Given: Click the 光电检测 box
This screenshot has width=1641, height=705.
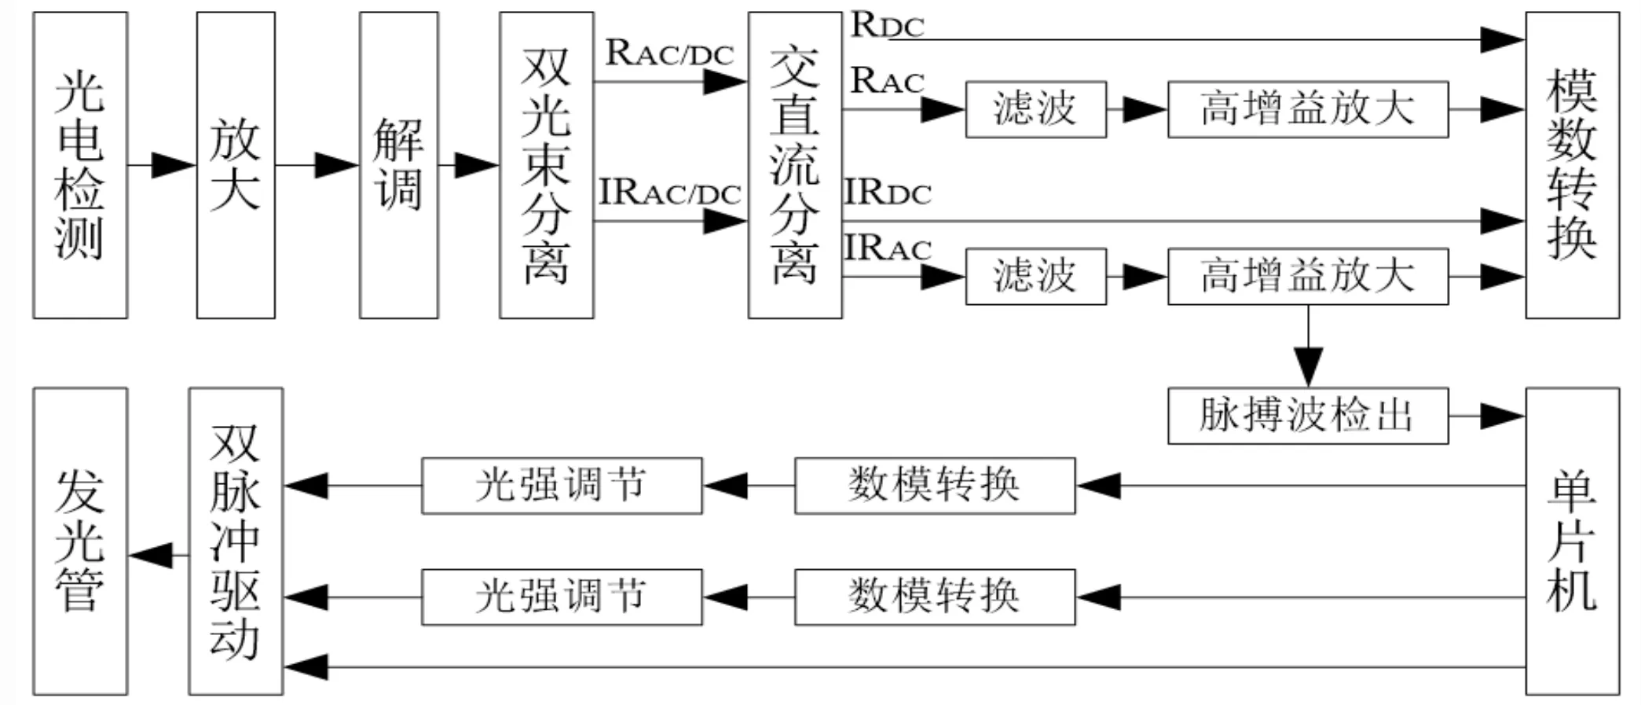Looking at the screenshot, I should click(x=80, y=165).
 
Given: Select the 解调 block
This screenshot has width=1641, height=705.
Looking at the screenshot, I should click(x=398, y=165).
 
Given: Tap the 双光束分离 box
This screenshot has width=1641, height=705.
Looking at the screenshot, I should click(x=546, y=165).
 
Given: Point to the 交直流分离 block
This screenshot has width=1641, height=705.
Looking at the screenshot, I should click(x=794, y=165).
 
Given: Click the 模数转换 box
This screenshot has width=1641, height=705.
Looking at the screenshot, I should click(x=1572, y=165).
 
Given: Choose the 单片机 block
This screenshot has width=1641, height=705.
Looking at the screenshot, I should click(x=1572, y=541).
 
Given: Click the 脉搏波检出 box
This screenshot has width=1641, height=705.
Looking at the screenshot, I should click(x=1307, y=416).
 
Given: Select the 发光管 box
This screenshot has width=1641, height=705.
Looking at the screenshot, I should click(x=80, y=541).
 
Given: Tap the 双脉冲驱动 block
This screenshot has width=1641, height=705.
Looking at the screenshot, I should click(x=236, y=541).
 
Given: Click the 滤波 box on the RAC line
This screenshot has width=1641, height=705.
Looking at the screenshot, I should click(x=1035, y=109).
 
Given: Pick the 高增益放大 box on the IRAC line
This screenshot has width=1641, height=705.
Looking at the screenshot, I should click(x=1307, y=277).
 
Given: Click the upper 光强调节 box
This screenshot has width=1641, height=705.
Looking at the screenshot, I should click(x=562, y=486).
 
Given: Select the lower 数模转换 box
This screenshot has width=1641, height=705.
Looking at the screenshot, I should click(x=935, y=597).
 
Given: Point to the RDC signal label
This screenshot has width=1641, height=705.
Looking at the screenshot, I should click(x=887, y=25).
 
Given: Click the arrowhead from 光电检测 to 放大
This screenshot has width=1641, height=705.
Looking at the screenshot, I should click(x=173, y=165).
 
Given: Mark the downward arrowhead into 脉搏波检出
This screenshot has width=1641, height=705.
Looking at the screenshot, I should click(x=1308, y=366).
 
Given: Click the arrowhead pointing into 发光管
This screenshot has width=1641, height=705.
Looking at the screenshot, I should click(x=151, y=556).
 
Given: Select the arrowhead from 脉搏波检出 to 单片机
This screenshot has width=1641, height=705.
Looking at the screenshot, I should click(x=1502, y=416).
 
